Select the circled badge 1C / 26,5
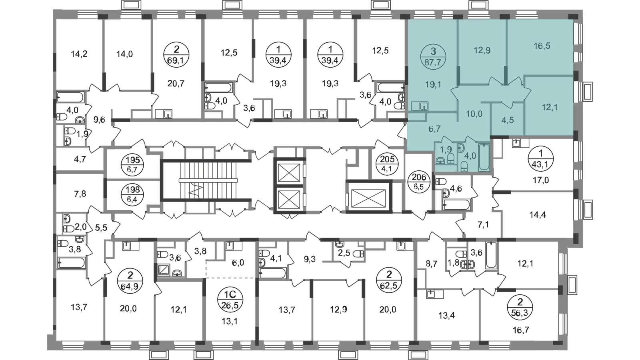click(230, 301)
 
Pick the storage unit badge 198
click(132, 194)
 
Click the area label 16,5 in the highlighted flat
click(542, 46)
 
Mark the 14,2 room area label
click(78, 54)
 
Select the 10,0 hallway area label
click(474, 114)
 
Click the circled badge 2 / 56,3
click(520, 308)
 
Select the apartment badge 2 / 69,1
click(176, 54)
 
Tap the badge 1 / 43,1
click(540, 159)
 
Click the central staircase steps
click(208, 180)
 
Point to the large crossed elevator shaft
click(368, 198)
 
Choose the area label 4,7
click(80, 159)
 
